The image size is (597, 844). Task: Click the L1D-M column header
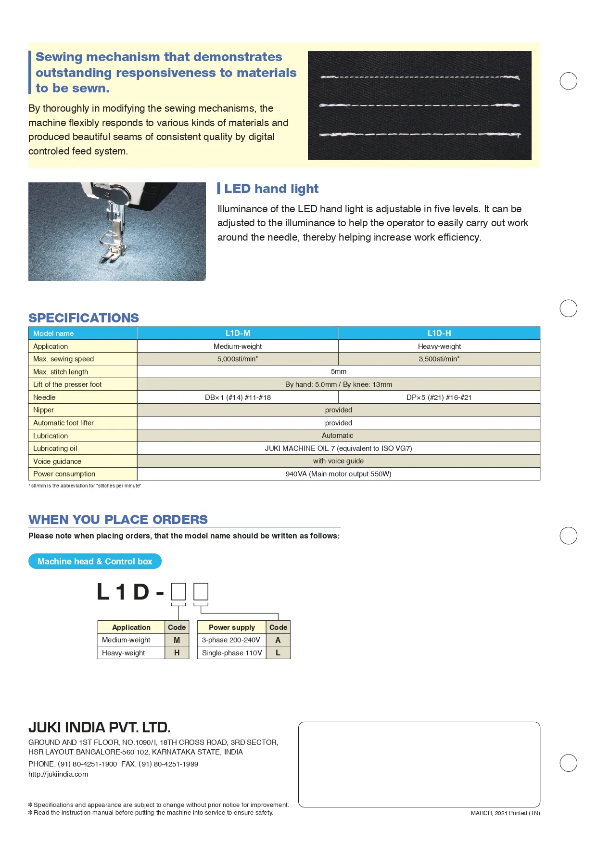coord(238,333)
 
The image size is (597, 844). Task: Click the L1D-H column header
coord(439,333)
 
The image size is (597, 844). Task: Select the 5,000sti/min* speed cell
coord(238,359)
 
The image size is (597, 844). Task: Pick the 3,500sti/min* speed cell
coord(439,359)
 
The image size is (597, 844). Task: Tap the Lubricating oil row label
coord(55,448)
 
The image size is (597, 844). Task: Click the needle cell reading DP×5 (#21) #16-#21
coord(439,397)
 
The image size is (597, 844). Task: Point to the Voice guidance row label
coord(57,461)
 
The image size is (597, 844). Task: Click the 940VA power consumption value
coord(338,474)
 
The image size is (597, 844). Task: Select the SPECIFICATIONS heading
coord(84,318)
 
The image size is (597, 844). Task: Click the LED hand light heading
coord(271,189)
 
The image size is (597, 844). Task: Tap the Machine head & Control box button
coord(95,562)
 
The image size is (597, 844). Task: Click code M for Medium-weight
coord(177,640)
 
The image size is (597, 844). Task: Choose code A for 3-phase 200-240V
coord(278,640)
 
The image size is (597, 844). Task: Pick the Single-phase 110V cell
coord(232,653)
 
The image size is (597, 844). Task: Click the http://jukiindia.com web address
coord(58,774)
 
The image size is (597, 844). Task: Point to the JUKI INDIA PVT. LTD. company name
coord(100,727)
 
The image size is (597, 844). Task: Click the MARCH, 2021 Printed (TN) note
coord(505,813)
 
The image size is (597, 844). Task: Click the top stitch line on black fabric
coord(419,77)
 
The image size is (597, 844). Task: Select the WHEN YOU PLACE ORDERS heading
coord(118,520)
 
